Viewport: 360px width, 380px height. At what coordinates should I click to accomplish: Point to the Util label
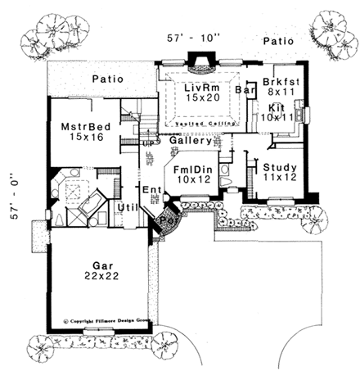click(126, 208)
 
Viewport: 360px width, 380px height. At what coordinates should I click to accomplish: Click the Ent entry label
click(151, 191)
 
